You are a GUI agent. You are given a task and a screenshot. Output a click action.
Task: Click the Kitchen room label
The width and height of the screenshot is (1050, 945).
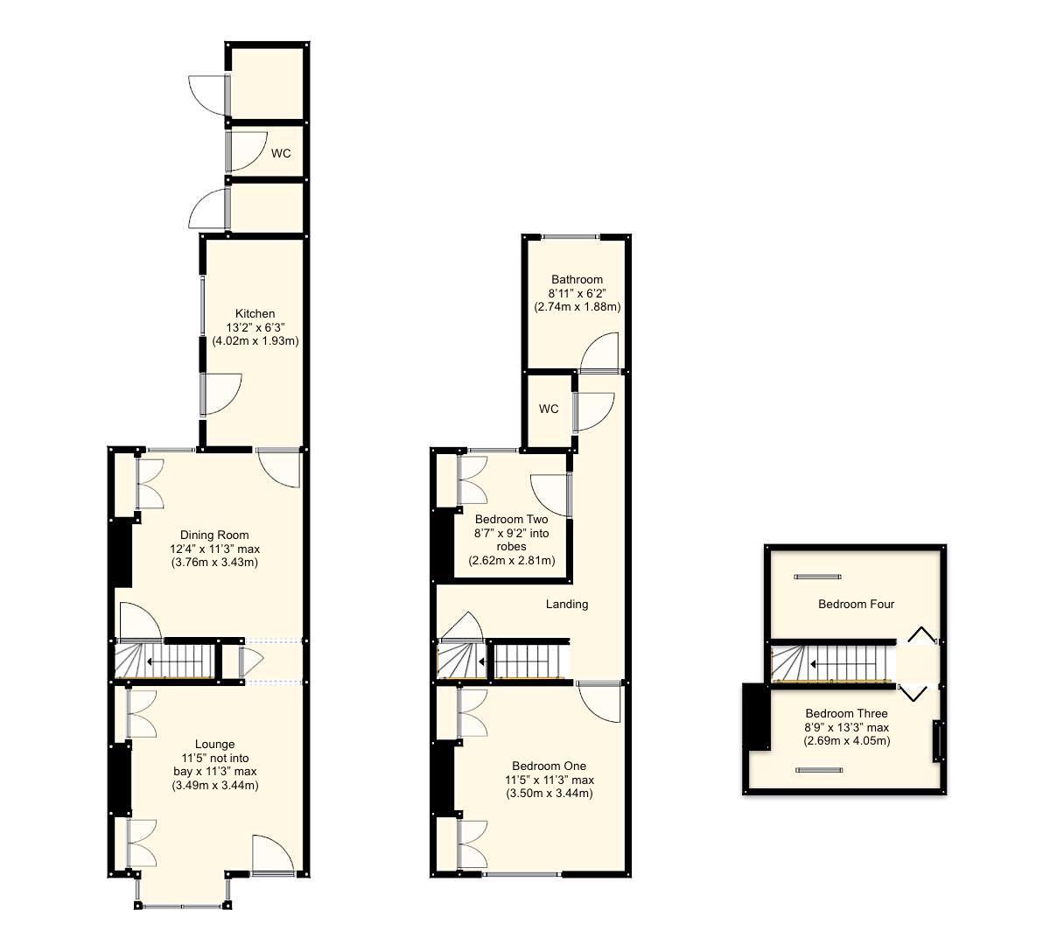255,313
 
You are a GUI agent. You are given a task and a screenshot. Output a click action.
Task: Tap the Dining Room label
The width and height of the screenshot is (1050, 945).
214,535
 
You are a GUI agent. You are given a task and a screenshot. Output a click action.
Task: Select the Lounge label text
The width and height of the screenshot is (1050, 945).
214,745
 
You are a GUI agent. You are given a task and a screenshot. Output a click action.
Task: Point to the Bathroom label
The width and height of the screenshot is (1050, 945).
577,279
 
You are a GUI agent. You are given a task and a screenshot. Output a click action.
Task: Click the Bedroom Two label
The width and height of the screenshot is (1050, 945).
512,519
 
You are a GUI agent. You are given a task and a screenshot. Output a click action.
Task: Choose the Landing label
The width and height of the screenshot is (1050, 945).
567,604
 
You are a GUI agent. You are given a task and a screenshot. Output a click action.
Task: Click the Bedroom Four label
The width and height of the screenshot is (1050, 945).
856,604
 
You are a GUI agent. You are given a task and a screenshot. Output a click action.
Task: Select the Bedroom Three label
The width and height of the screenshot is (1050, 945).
846,713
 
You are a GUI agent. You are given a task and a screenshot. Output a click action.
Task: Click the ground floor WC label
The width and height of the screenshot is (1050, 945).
280,154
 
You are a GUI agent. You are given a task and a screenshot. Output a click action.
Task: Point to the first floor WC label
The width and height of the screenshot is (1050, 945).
549,409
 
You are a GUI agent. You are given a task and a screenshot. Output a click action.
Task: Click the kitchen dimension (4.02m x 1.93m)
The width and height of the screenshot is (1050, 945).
255,341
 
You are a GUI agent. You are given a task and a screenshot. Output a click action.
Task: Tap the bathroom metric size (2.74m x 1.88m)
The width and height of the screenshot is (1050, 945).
577,307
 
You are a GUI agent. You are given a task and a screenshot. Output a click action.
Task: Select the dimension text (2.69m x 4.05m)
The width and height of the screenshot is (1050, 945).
846,741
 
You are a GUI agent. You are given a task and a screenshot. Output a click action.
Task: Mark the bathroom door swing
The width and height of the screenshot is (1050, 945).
601,353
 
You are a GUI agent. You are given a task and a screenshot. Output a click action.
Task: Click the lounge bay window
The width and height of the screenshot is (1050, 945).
183,904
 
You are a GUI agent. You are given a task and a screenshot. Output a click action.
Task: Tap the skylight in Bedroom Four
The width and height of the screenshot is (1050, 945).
817,577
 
